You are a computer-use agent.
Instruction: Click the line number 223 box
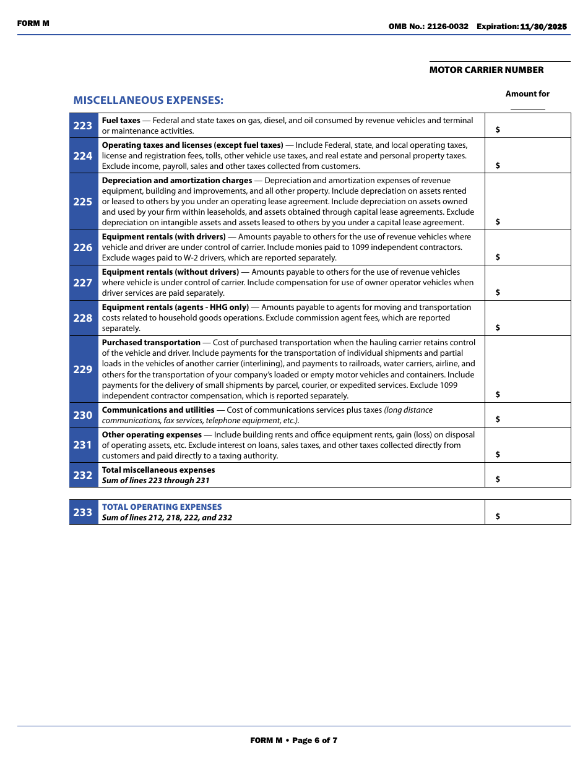click(83, 126)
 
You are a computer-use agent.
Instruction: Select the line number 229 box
click(83, 369)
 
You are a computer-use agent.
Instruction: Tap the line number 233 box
click(83, 512)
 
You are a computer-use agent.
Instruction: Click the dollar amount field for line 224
click(527, 156)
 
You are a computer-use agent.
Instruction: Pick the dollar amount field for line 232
click(527, 475)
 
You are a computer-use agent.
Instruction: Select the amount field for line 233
click(527, 512)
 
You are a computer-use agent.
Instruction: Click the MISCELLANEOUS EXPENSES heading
click(148, 100)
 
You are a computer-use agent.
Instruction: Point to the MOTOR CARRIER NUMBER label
click(486, 70)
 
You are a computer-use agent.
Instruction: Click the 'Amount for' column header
click(527, 94)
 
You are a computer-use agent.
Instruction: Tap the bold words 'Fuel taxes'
click(121, 121)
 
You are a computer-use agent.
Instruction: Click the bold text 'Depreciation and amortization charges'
click(177, 181)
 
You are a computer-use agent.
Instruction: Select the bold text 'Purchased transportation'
click(151, 343)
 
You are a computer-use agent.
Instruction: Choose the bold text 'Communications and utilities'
click(158, 410)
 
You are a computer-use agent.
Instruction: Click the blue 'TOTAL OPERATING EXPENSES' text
click(162, 507)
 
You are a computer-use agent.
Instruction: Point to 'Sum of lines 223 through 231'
click(155, 481)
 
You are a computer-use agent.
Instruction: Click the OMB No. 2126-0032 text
click(428, 27)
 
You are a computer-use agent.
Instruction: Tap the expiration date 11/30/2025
click(543, 27)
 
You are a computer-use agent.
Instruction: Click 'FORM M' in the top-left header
click(33, 24)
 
